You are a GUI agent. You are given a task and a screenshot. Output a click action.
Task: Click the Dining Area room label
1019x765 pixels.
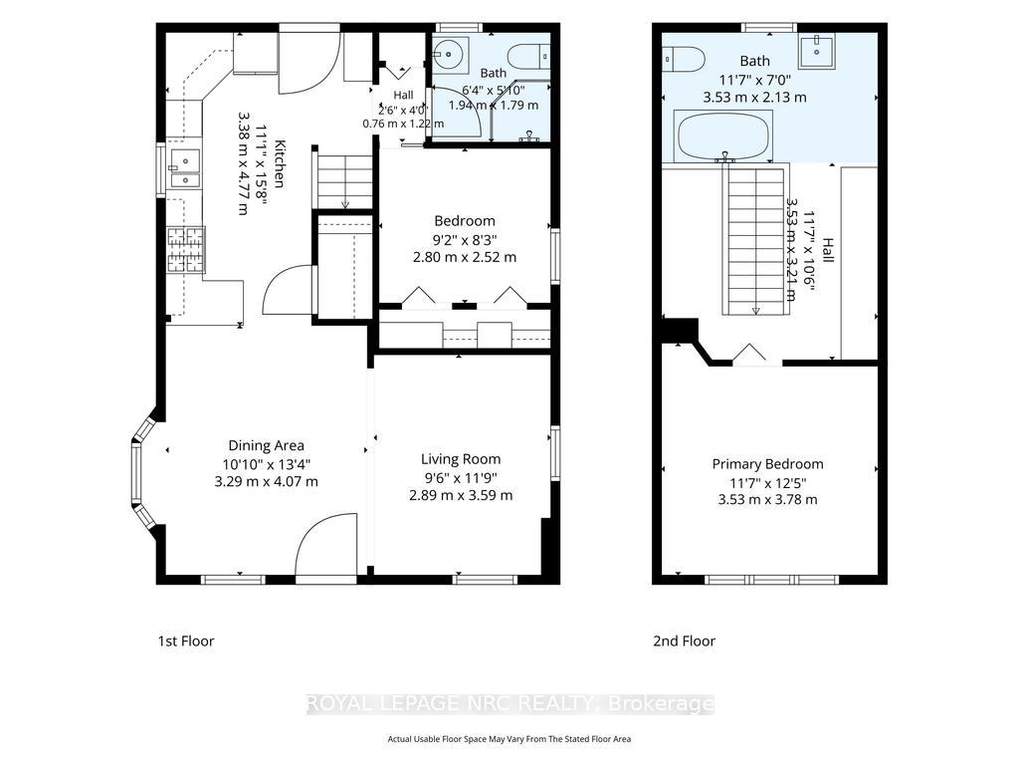click(x=266, y=445)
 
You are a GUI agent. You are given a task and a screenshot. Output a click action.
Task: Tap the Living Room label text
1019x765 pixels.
click(x=461, y=459)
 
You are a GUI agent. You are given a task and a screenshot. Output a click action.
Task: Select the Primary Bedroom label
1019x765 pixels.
click(x=767, y=464)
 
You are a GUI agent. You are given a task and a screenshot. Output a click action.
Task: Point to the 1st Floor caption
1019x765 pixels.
click(x=186, y=640)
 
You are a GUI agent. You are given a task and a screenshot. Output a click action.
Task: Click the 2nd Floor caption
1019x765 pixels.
click(x=684, y=640)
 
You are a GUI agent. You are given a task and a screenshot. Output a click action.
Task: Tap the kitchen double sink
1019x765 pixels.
click(x=184, y=169)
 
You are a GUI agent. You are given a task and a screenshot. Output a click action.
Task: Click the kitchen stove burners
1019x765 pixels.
click(x=186, y=249)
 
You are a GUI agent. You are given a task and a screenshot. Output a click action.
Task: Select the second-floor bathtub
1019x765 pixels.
click(x=723, y=135)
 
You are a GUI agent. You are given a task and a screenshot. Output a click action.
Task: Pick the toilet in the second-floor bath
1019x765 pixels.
click(x=684, y=60)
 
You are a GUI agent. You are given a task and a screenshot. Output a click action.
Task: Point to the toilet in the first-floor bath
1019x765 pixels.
click(x=529, y=57)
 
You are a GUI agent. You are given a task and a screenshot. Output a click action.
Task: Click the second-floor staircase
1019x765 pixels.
click(x=756, y=239)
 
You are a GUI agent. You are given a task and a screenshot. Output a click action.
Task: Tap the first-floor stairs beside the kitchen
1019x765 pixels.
click(x=344, y=180)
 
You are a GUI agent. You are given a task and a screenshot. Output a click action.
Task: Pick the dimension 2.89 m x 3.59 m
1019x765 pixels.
click(x=461, y=495)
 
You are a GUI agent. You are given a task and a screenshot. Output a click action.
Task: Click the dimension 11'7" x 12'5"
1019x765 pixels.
click(x=767, y=483)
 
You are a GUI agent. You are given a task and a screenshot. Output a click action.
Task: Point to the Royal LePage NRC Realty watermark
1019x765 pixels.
click(x=510, y=704)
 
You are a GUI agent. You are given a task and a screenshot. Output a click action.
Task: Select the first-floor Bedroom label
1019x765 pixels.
click(x=465, y=221)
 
